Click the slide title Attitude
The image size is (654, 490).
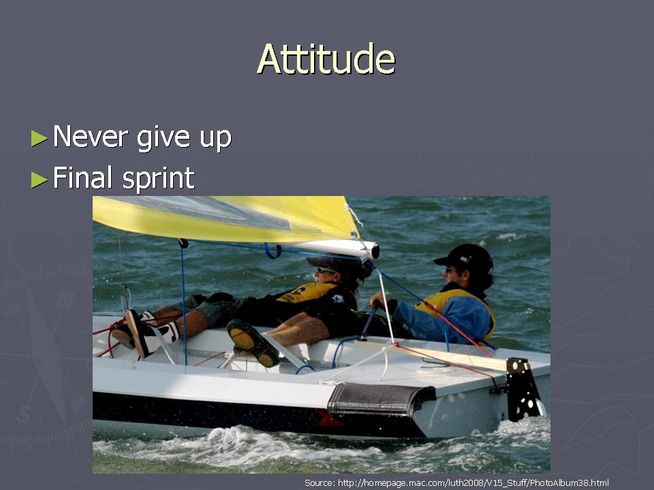coord(326,59)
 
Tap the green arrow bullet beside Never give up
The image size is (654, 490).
coord(40,138)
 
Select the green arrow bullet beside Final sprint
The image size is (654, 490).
coord(40,180)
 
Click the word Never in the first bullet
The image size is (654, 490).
coord(91,136)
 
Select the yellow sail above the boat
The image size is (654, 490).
coord(225,218)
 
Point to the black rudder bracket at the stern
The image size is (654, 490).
coord(523,389)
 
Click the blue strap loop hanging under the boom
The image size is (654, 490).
coord(272,251)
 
